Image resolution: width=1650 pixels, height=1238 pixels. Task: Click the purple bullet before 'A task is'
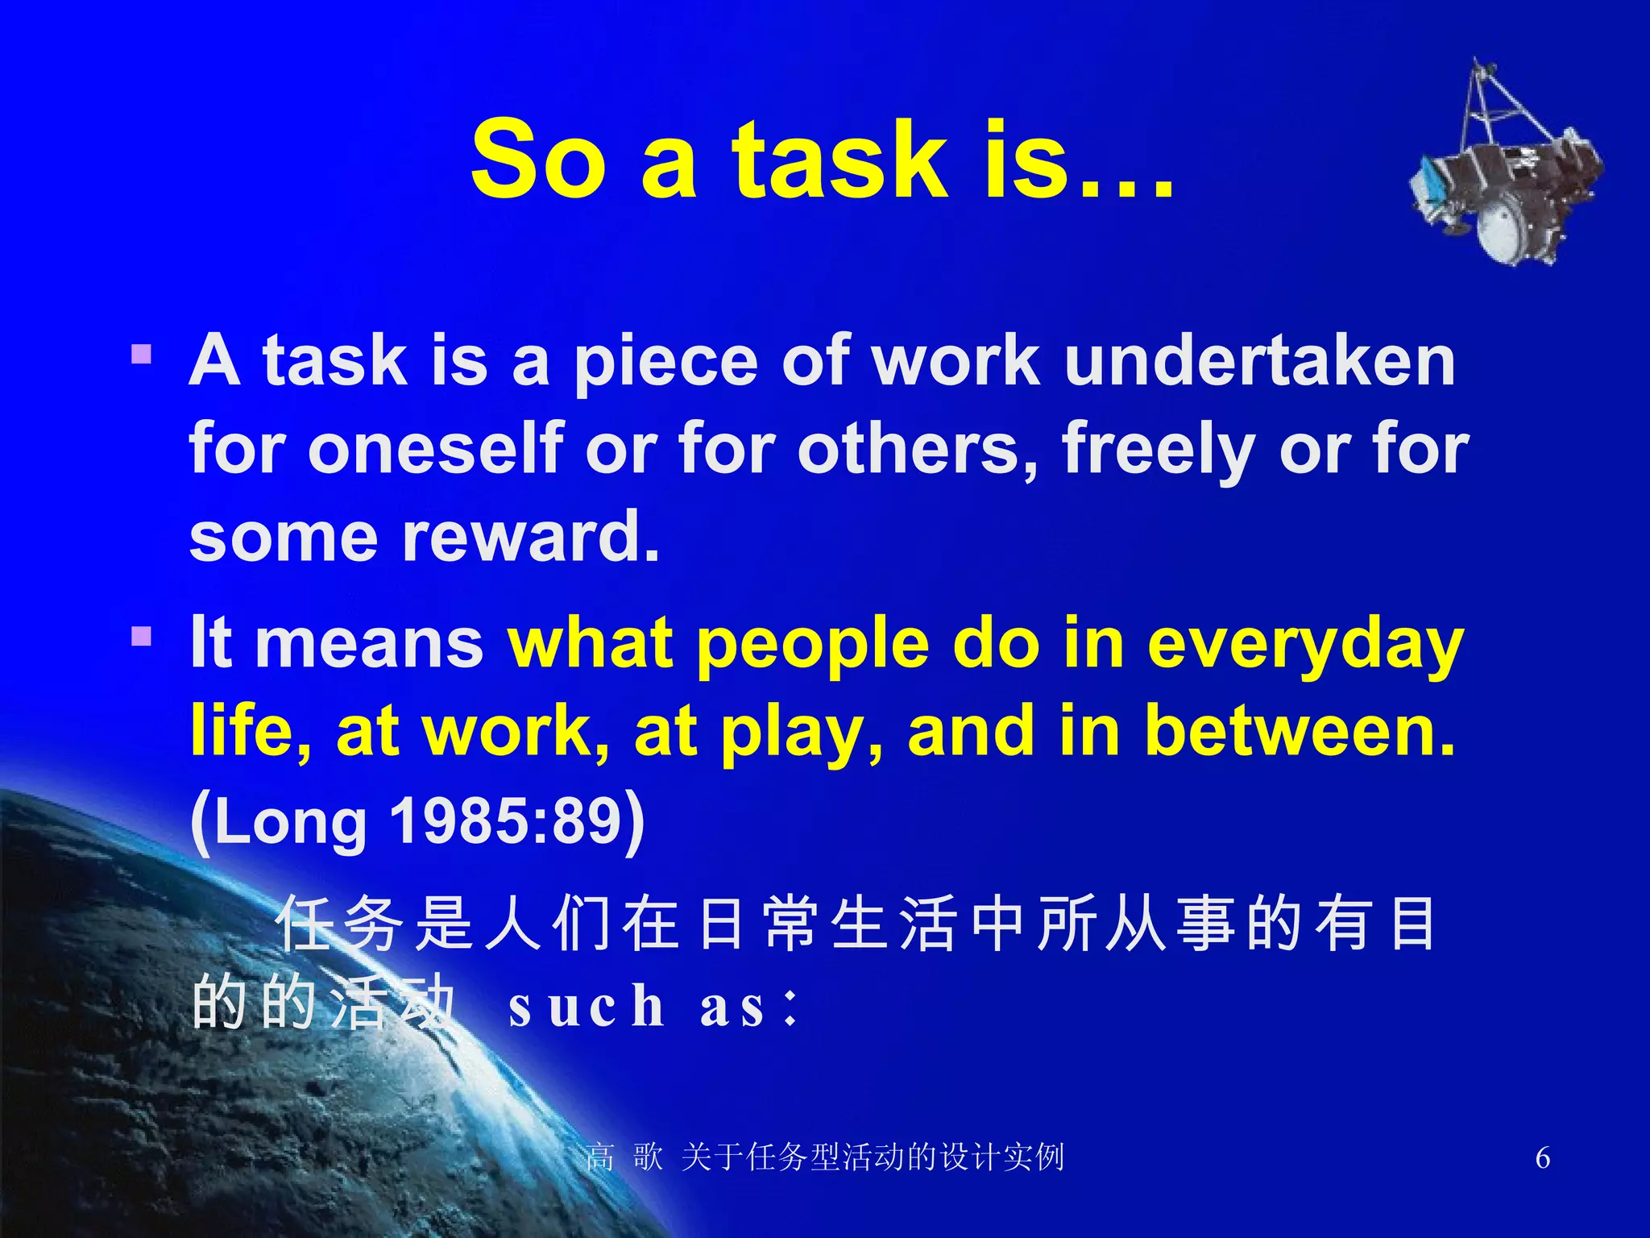142,355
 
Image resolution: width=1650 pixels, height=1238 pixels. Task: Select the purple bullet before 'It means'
142,638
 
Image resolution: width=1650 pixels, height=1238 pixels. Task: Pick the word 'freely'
1155,450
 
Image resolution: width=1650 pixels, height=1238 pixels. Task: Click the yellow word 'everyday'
1305,646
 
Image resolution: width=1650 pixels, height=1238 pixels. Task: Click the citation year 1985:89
506,821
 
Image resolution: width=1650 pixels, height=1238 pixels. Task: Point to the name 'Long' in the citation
290,823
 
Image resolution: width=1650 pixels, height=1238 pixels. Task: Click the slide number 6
1542,1157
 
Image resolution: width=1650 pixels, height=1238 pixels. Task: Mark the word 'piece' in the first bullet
665,362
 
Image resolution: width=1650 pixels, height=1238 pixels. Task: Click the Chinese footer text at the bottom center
825,1157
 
